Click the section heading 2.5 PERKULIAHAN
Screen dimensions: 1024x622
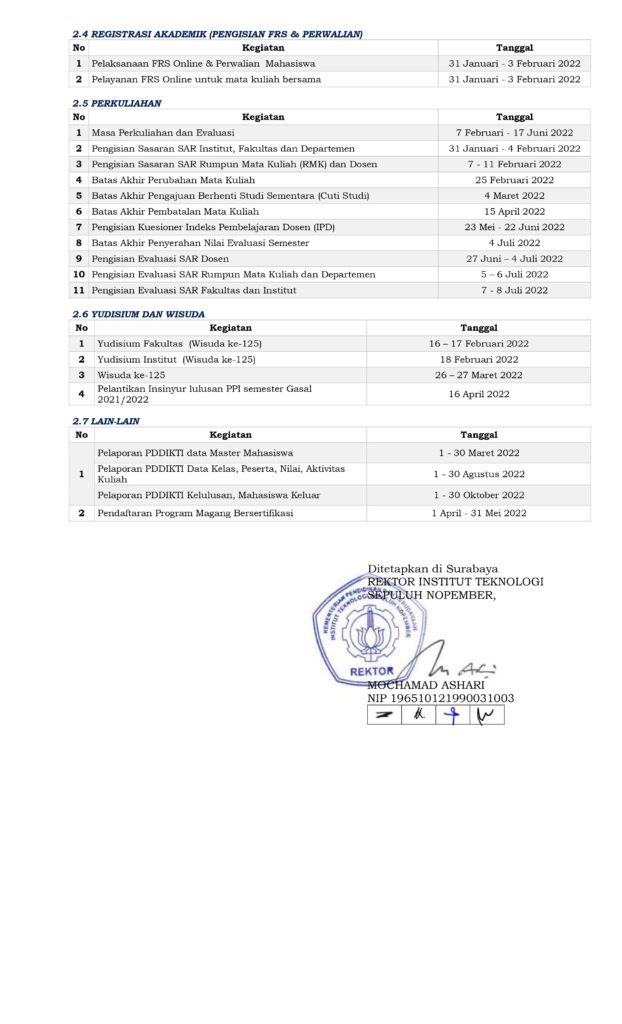(117, 102)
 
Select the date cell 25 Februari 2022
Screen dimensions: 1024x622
(514, 180)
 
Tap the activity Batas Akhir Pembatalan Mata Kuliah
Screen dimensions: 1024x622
(175, 211)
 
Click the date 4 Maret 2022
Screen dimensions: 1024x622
(514, 196)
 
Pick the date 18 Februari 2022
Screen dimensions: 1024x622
(479, 359)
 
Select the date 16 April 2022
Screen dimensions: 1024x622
(479, 394)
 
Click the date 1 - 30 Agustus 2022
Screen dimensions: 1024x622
(479, 474)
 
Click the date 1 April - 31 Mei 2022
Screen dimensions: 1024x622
(479, 513)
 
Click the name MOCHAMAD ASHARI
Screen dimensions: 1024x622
(426, 685)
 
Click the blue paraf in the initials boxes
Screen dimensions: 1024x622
(453, 715)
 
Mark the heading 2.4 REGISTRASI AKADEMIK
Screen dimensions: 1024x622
(217, 34)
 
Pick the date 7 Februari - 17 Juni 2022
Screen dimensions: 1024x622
(514, 132)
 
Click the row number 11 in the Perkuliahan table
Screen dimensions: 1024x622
(78, 290)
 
